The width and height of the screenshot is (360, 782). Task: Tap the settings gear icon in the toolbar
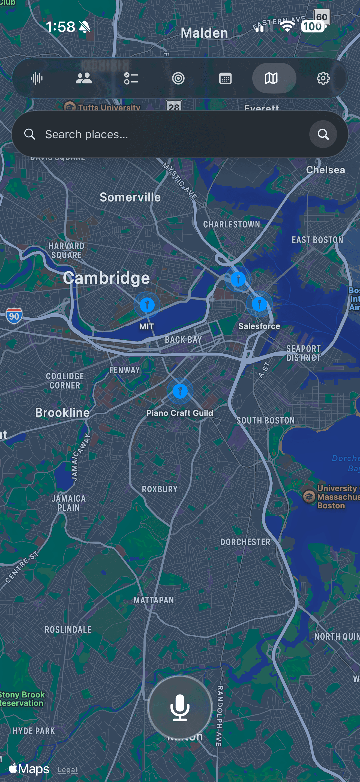click(x=323, y=78)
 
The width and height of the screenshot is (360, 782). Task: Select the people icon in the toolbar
click(x=84, y=78)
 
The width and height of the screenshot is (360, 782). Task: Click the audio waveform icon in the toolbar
click(x=37, y=78)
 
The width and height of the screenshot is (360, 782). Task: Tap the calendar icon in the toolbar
click(x=225, y=78)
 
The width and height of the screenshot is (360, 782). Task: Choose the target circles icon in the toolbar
click(x=178, y=78)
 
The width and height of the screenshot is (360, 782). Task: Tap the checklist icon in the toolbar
click(x=131, y=78)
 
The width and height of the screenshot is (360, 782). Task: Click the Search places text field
click(x=170, y=134)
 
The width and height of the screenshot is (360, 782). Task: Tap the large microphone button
click(x=180, y=708)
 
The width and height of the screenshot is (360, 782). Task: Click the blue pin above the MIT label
click(x=147, y=305)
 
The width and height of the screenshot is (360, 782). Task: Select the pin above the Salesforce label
click(x=259, y=303)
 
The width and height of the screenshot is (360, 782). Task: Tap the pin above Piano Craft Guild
click(x=180, y=391)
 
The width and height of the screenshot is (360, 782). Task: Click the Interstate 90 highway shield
click(x=14, y=316)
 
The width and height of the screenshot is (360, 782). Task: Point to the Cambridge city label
click(x=106, y=278)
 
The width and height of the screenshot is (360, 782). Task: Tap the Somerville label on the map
click(x=130, y=197)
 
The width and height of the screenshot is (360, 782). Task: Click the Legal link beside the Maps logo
click(x=67, y=769)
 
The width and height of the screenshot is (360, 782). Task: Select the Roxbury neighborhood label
click(x=160, y=489)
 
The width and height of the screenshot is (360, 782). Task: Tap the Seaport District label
click(x=303, y=353)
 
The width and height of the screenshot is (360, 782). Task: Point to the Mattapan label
click(x=154, y=600)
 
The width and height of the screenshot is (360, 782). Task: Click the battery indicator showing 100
click(x=313, y=27)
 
